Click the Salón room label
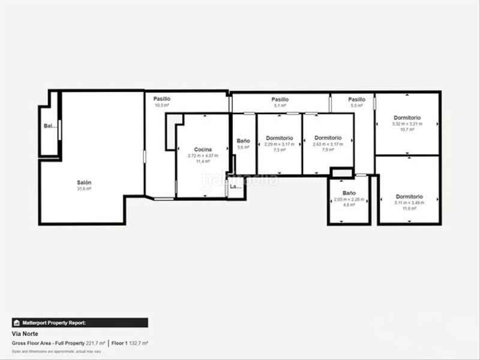point(83,182)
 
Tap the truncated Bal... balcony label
point(50,126)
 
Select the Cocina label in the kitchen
point(203,149)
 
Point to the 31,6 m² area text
point(83,189)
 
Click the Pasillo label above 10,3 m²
point(161,99)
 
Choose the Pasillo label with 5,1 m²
point(280,100)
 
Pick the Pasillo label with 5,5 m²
point(356,100)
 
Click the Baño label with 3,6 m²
point(243,140)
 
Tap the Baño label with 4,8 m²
point(349,193)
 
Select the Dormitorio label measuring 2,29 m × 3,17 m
point(280,138)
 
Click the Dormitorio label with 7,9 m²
point(328,138)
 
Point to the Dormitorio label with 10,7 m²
point(407,118)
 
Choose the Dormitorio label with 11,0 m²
point(409,196)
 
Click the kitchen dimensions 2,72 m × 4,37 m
point(203,155)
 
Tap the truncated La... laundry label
point(236,187)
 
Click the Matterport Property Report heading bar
point(79,322)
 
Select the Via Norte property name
point(24,332)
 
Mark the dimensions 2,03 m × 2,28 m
point(349,199)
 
